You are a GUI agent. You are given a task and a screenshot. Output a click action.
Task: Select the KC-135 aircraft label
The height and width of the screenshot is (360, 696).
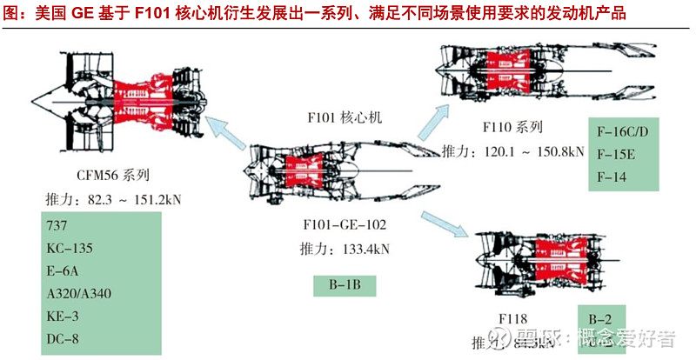70,248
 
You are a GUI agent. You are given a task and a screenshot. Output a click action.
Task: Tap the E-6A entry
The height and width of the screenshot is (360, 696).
63,270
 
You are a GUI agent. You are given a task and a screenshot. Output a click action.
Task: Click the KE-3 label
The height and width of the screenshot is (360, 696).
63,315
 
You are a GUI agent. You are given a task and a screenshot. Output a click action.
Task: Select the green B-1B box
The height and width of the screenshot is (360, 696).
345,284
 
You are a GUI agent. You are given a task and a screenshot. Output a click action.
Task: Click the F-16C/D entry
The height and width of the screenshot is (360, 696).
623,132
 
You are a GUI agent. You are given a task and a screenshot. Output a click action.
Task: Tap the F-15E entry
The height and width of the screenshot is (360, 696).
616,155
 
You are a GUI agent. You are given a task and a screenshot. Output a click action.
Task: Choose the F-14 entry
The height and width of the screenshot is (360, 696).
612,177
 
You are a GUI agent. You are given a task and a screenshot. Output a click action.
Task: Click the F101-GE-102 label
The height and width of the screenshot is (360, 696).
346,225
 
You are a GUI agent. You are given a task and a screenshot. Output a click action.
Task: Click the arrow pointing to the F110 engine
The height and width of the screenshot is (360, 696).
437,118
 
